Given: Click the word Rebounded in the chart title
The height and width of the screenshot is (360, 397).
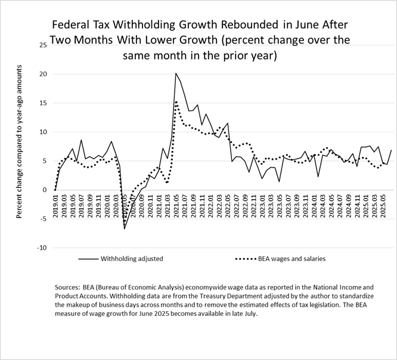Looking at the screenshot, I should click(246, 26).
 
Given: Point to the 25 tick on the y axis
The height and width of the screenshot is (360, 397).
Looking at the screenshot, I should click(41, 45).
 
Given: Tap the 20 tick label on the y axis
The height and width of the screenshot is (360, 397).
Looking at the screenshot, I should click(41, 74).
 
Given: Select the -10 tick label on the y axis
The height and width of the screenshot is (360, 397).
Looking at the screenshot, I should click(40, 247).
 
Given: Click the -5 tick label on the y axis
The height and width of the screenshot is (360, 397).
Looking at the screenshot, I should click(42, 219).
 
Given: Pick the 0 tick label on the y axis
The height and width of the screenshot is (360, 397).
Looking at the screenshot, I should click(44, 190).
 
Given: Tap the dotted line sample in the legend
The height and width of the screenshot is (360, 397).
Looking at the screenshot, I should click(247, 259).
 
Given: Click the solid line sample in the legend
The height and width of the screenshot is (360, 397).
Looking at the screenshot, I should click(88, 259).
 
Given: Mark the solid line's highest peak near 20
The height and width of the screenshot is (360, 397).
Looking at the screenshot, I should click(176, 73).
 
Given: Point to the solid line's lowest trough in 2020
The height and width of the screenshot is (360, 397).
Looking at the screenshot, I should click(125, 228).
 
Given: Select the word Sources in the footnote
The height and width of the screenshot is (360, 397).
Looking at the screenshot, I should click(69, 287).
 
